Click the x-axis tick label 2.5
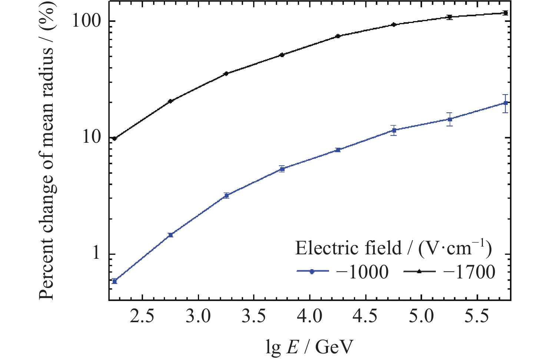coord(142,317)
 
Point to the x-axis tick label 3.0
coord(198,317)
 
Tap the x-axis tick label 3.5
coord(254,317)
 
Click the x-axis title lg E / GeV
coord(309,347)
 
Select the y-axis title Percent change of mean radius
coord(47,151)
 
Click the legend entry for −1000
coord(343,272)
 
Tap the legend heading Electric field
coord(393,248)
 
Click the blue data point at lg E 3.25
coord(226,195)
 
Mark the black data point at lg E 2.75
coord(170,101)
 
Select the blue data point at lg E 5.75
coord(505,103)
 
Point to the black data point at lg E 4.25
coord(338,36)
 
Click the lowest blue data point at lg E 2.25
coord(115,281)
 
